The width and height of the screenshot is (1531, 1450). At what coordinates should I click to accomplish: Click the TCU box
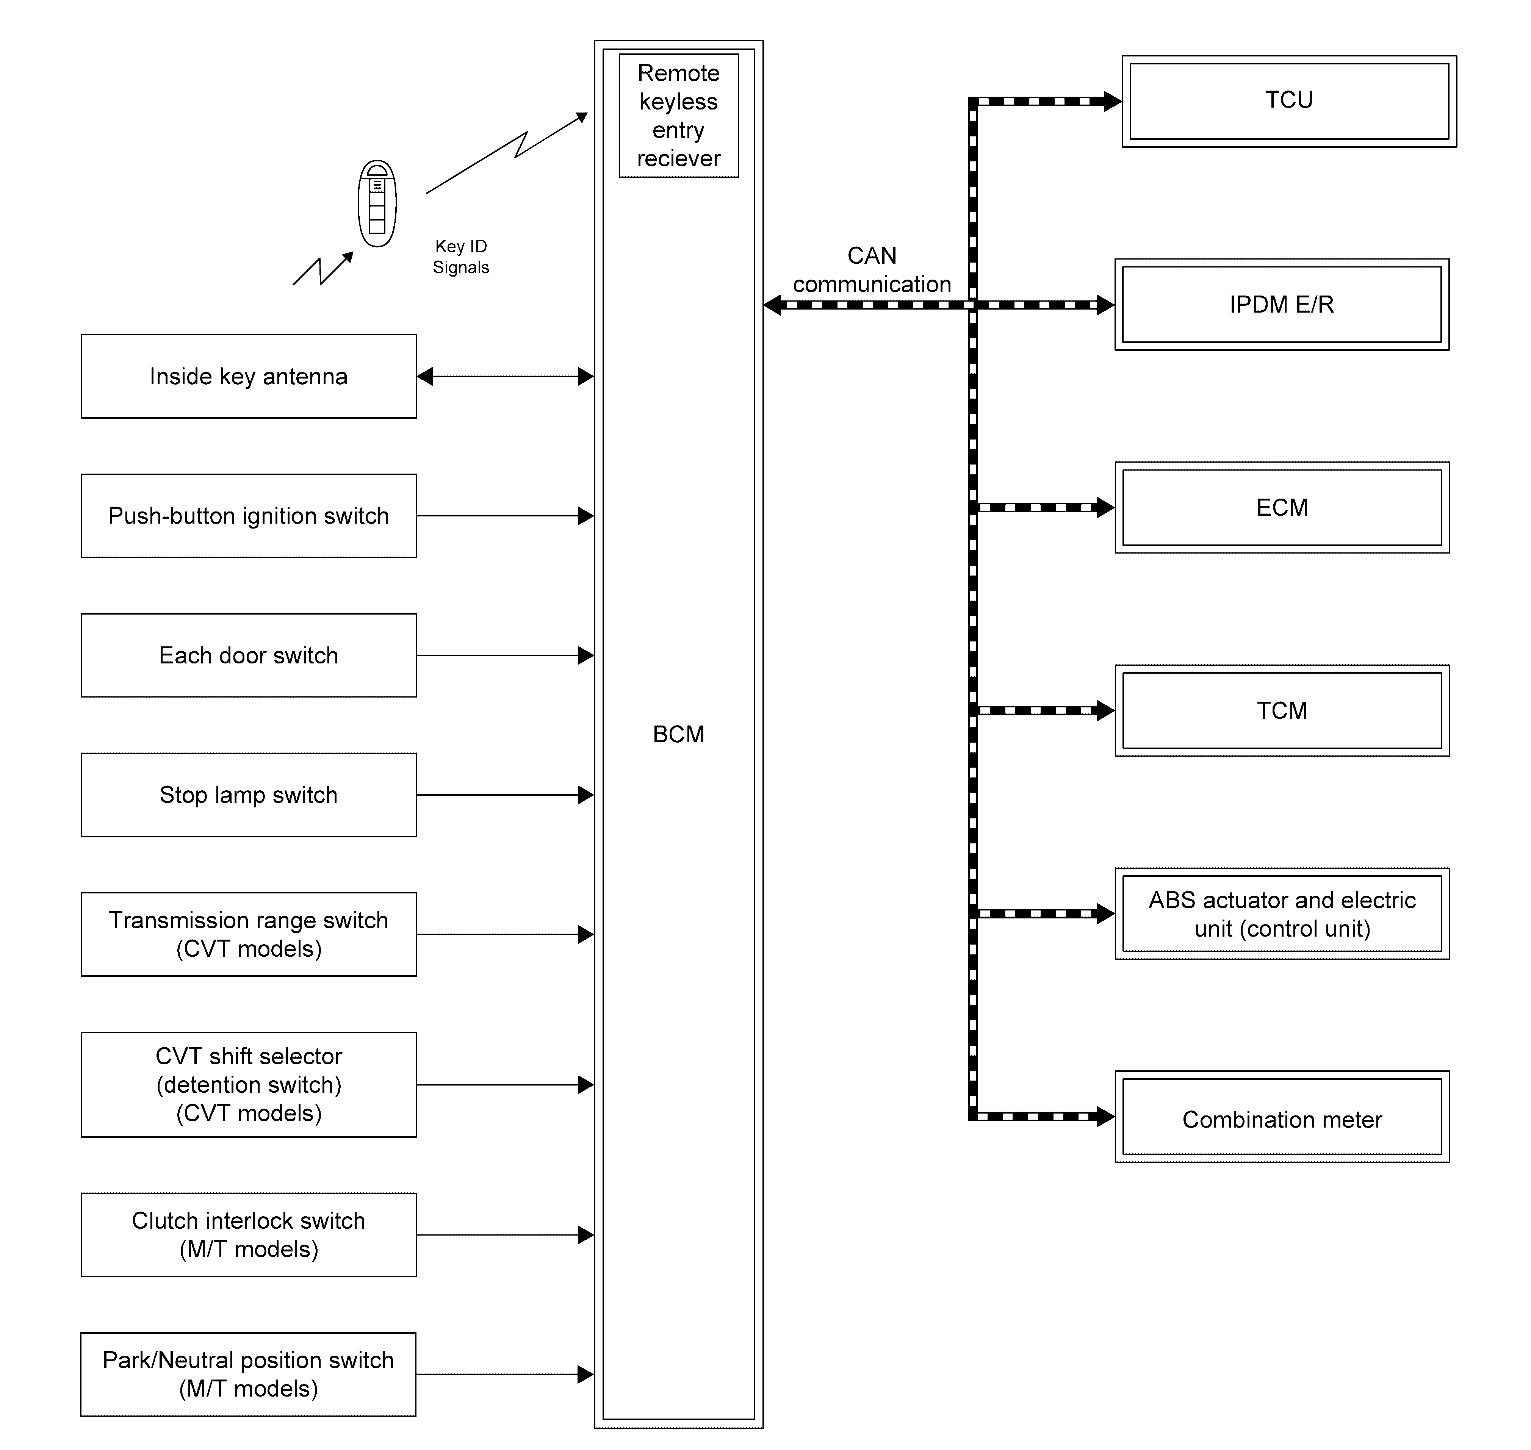pos(1289,101)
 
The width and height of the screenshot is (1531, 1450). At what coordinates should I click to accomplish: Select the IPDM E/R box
pos(1281,305)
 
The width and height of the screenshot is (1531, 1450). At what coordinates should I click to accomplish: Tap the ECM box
pos(1281,508)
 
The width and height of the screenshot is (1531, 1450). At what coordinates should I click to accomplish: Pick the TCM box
pos(1281,710)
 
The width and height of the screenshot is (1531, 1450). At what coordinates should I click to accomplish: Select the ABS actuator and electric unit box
pos(1281,913)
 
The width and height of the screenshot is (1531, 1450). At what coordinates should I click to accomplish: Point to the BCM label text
pos(678,734)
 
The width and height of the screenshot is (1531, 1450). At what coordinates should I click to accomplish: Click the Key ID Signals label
pos(461,257)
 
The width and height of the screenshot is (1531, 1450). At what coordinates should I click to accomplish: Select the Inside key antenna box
pos(248,376)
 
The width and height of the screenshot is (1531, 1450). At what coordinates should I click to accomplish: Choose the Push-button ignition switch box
pos(248,516)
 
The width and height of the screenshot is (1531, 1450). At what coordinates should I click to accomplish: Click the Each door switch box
pos(248,655)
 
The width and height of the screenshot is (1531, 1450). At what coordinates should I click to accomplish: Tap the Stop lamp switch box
pos(248,795)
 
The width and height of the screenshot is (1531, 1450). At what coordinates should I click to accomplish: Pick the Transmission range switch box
pos(248,934)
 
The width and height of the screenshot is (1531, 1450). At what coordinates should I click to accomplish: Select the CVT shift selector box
pos(248,1084)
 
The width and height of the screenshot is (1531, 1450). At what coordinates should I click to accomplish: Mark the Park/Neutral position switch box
pos(248,1374)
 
